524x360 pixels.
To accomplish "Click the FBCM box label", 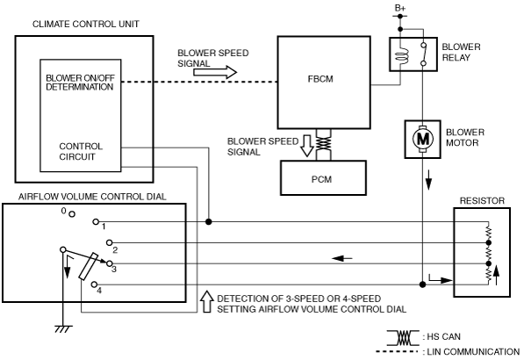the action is click(320, 79).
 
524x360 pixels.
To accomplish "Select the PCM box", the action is click(323, 178).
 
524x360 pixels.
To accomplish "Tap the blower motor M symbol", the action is click(423, 139).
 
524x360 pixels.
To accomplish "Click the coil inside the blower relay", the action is click(402, 56).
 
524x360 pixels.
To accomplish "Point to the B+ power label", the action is click(400, 8).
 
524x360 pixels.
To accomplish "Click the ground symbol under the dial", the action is click(63, 328).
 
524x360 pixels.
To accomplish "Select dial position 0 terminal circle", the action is click(72, 214).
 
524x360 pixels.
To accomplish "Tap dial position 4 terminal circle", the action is click(95, 284).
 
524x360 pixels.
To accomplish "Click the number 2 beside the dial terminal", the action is click(115, 250).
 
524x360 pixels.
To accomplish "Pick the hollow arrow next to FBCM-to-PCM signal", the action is click(307, 146).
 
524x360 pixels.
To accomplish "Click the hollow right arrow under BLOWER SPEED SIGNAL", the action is click(215, 72).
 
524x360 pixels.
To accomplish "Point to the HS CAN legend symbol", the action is click(403, 337).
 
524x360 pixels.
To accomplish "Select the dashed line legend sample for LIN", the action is click(397, 351).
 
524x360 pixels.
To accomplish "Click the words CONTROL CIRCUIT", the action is click(81, 151).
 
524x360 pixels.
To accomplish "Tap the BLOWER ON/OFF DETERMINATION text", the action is click(80, 83).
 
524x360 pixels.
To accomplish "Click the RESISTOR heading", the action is click(482, 201).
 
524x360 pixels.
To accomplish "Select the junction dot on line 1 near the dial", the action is click(209, 221).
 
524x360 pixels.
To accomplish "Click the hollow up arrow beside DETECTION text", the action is click(207, 301).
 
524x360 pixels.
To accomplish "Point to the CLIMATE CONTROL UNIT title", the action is click(86, 24).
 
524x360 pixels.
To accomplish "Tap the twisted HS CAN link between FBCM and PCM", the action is click(324, 144).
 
